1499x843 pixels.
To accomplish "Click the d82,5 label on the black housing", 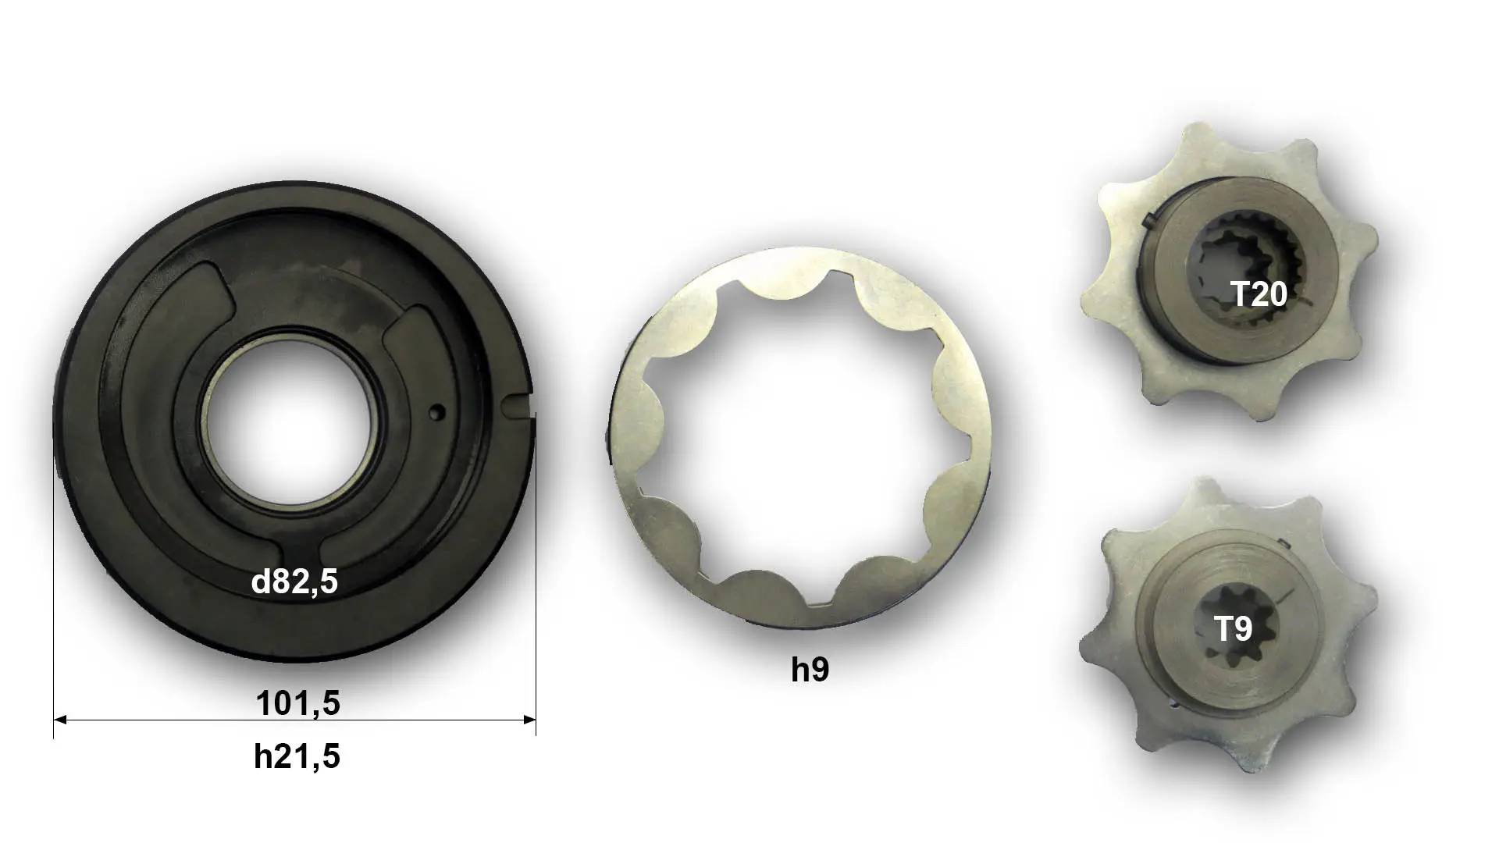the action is (x=294, y=582).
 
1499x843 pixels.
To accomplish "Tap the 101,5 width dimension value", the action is (x=297, y=704).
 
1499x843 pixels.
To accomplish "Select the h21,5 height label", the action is (x=297, y=756).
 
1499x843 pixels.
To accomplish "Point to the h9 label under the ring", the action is (x=810, y=670).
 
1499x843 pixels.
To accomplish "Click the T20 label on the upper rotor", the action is (x=1259, y=294).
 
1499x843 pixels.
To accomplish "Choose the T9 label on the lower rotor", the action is (x=1234, y=629).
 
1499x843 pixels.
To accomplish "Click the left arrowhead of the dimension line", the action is (x=60, y=720).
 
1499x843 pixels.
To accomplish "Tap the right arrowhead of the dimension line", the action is (x=529, y=720).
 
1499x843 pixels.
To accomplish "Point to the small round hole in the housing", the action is (x=438, y=411).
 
